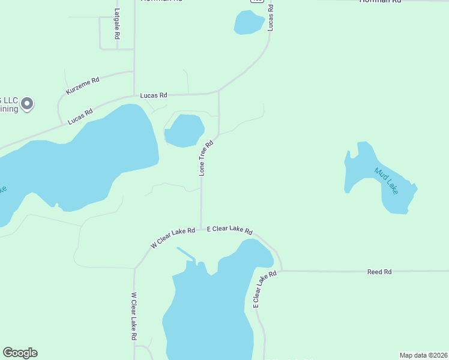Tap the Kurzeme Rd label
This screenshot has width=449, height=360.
point(83,85)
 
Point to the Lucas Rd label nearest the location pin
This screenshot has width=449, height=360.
point(80,116)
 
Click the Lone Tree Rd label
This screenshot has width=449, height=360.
point(206,158)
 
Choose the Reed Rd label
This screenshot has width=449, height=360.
point(379,272)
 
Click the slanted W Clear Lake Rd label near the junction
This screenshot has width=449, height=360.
point(173,237)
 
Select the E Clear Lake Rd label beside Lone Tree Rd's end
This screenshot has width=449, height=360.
point(230,230)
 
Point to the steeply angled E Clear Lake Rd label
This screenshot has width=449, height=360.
point(264,289)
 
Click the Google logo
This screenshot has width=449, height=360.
point(20,353)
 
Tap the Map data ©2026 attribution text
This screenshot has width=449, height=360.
point(423,355)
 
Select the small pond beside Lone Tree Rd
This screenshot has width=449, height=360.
point(184,130)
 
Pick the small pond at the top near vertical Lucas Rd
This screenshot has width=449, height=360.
point(249,23)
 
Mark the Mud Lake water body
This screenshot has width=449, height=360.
point(394,192)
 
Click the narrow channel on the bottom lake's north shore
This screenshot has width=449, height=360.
point(186,254)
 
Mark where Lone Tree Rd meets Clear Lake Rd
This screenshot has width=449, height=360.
point(201,229)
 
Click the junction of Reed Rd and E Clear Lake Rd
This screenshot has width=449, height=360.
point(282,271)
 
